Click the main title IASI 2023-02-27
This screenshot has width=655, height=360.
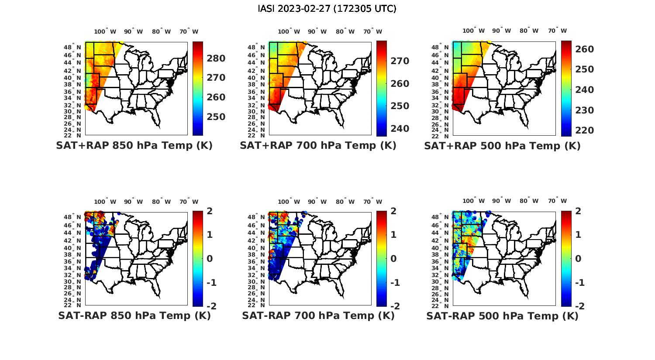pos(327,9)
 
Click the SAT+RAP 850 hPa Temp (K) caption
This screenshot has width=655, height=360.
pos(134,146)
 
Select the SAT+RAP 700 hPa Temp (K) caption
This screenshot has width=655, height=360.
pos(318,146)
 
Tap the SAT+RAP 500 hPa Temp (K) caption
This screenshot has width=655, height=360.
pos(502,146)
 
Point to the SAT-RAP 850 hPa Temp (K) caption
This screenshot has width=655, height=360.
pos(134,315)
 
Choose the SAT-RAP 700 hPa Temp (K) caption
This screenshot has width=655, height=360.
pos(318,315)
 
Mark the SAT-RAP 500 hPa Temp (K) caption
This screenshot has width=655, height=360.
pos(502,316)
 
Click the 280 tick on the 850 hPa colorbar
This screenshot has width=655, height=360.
pos(216,58)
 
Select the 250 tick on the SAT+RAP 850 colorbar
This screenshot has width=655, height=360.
pos(216,117)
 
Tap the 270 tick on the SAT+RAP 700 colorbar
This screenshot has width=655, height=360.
pos(400,61)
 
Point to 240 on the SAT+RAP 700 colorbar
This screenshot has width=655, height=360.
pos(400,129)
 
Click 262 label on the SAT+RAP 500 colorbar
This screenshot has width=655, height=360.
pos(584,49)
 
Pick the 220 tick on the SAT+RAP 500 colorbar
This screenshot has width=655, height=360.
pos(584,130)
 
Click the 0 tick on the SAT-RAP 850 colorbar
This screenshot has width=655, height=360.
pos(210,259)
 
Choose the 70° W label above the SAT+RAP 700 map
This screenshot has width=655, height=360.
pos(373,31)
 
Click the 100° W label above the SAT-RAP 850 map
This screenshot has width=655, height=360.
pos(105,202)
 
